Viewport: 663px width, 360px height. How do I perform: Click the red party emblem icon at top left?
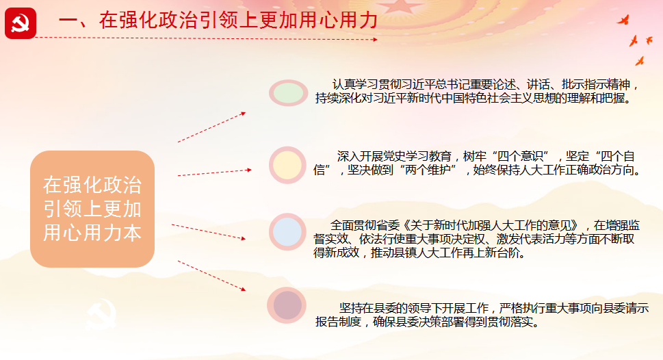[21, 23]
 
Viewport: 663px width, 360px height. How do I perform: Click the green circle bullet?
[288, 92]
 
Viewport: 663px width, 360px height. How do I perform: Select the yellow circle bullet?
[287, 165]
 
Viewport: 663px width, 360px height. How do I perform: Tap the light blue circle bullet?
[287, 232]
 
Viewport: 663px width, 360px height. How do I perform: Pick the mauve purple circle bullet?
[287, 305]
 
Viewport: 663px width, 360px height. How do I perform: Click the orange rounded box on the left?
[92, 209]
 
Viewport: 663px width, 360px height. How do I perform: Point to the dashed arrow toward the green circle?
[212, 127]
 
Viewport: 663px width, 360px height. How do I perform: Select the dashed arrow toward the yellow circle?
[215, 172]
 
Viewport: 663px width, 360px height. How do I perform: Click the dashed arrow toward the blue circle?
[209, 232]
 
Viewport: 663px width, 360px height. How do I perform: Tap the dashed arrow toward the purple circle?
[212, 276]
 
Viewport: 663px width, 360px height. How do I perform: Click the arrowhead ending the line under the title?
[375, 39]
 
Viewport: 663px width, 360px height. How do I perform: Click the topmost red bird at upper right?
[624, 20]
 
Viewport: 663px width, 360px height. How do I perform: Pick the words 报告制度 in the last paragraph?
[338, 322]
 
